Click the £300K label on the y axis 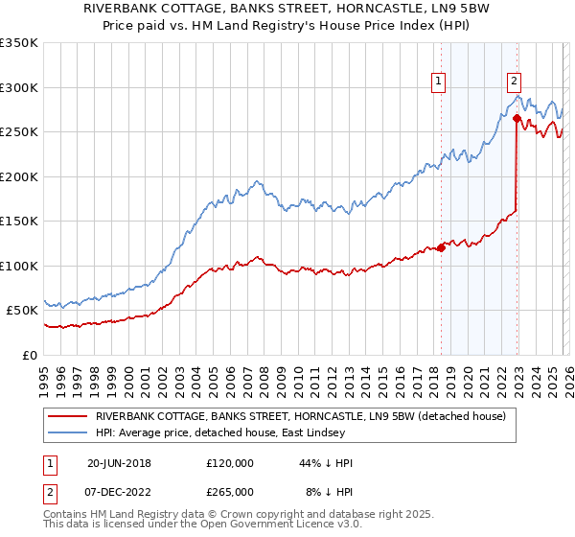tap(19, 87)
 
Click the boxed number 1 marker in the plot tap(438, 82)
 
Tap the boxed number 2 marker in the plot tap(515, 82)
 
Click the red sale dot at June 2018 tap(441, 247)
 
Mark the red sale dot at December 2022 tap(517, 119)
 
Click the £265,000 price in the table tap(229, 491)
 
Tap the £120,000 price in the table tap(229, 463)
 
